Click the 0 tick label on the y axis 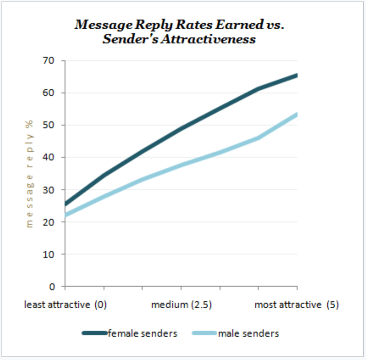tap(52, 287)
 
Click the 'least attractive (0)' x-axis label tap(65, 305)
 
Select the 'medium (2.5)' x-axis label tap(181, 305)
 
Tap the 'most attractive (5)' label tap(297, 305)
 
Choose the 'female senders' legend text tap(143, 333)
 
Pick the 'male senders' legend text tap(248, 333)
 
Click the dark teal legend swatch tap(95, 333)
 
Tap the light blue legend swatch tap(205, 333)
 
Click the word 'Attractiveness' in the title tap(208, 39)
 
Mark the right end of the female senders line tap(297, 75)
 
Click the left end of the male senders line tap(66, 215)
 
